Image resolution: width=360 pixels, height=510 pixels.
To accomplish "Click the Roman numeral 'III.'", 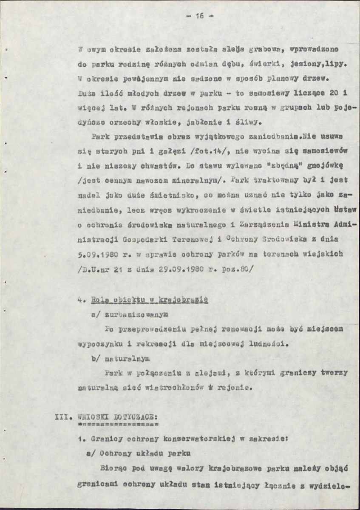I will click(63, 419).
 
